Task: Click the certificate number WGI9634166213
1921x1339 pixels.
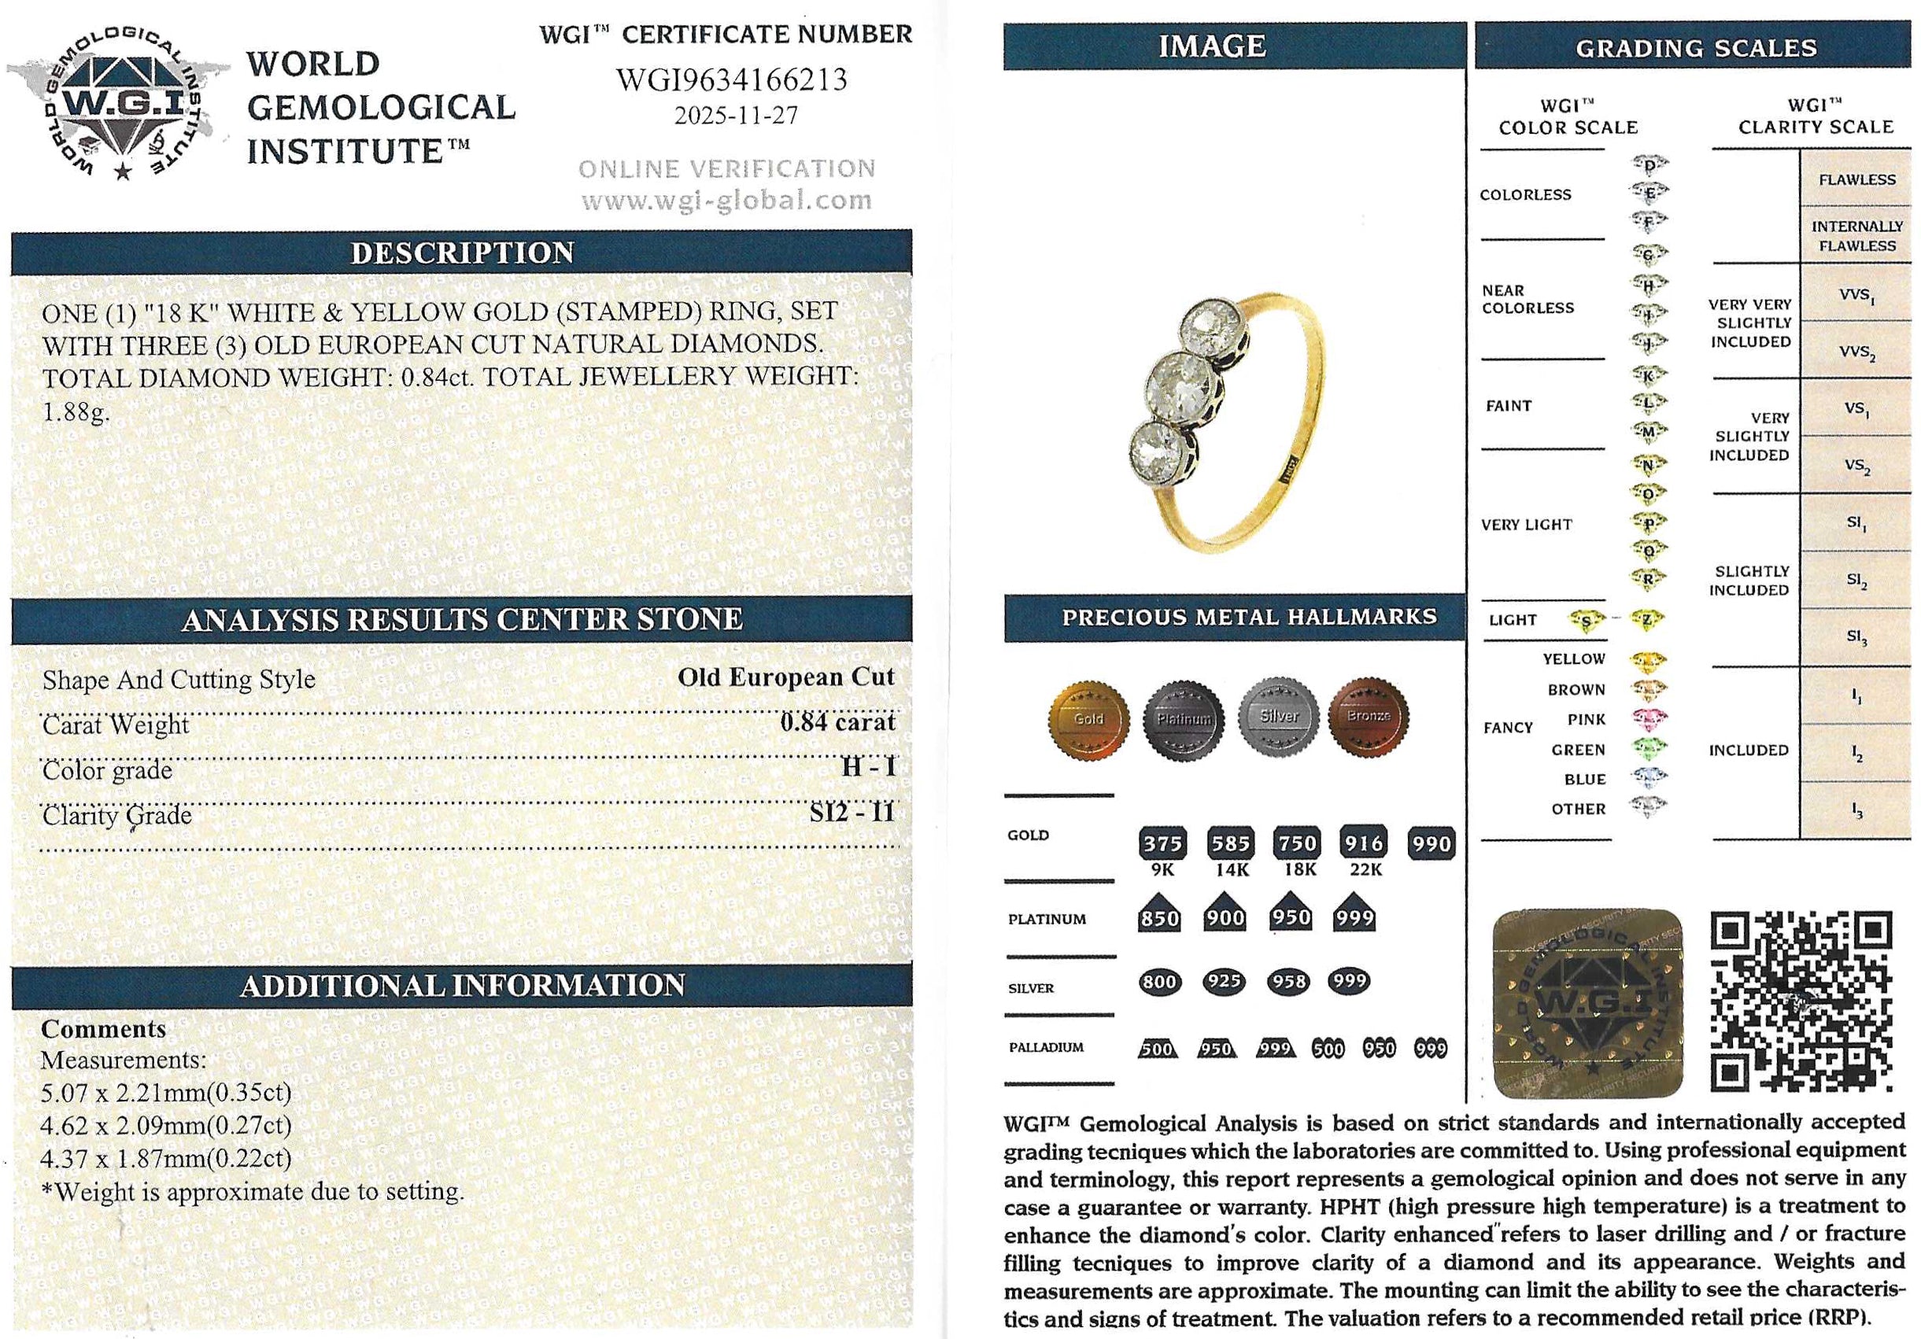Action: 731,80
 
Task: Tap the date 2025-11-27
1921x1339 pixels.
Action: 736,116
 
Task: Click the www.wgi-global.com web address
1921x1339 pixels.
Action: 726,201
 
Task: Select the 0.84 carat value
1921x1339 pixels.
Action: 837,721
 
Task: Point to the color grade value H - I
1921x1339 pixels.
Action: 869,767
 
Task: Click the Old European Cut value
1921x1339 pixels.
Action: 785,677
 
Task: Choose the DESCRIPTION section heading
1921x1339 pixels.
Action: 462,253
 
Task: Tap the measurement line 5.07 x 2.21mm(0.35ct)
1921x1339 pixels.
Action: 166,1092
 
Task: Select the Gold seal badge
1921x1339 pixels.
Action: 1088,718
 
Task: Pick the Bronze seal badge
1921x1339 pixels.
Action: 1368,717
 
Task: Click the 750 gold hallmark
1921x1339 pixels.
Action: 1297,843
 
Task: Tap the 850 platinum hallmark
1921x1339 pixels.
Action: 1160,918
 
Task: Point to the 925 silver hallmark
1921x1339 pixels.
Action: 1224,981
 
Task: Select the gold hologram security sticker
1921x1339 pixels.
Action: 1587,1004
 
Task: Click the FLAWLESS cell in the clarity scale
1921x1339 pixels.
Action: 1856,180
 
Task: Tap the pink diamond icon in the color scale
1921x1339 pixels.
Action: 1648,719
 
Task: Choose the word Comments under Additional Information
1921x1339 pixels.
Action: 104,1029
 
